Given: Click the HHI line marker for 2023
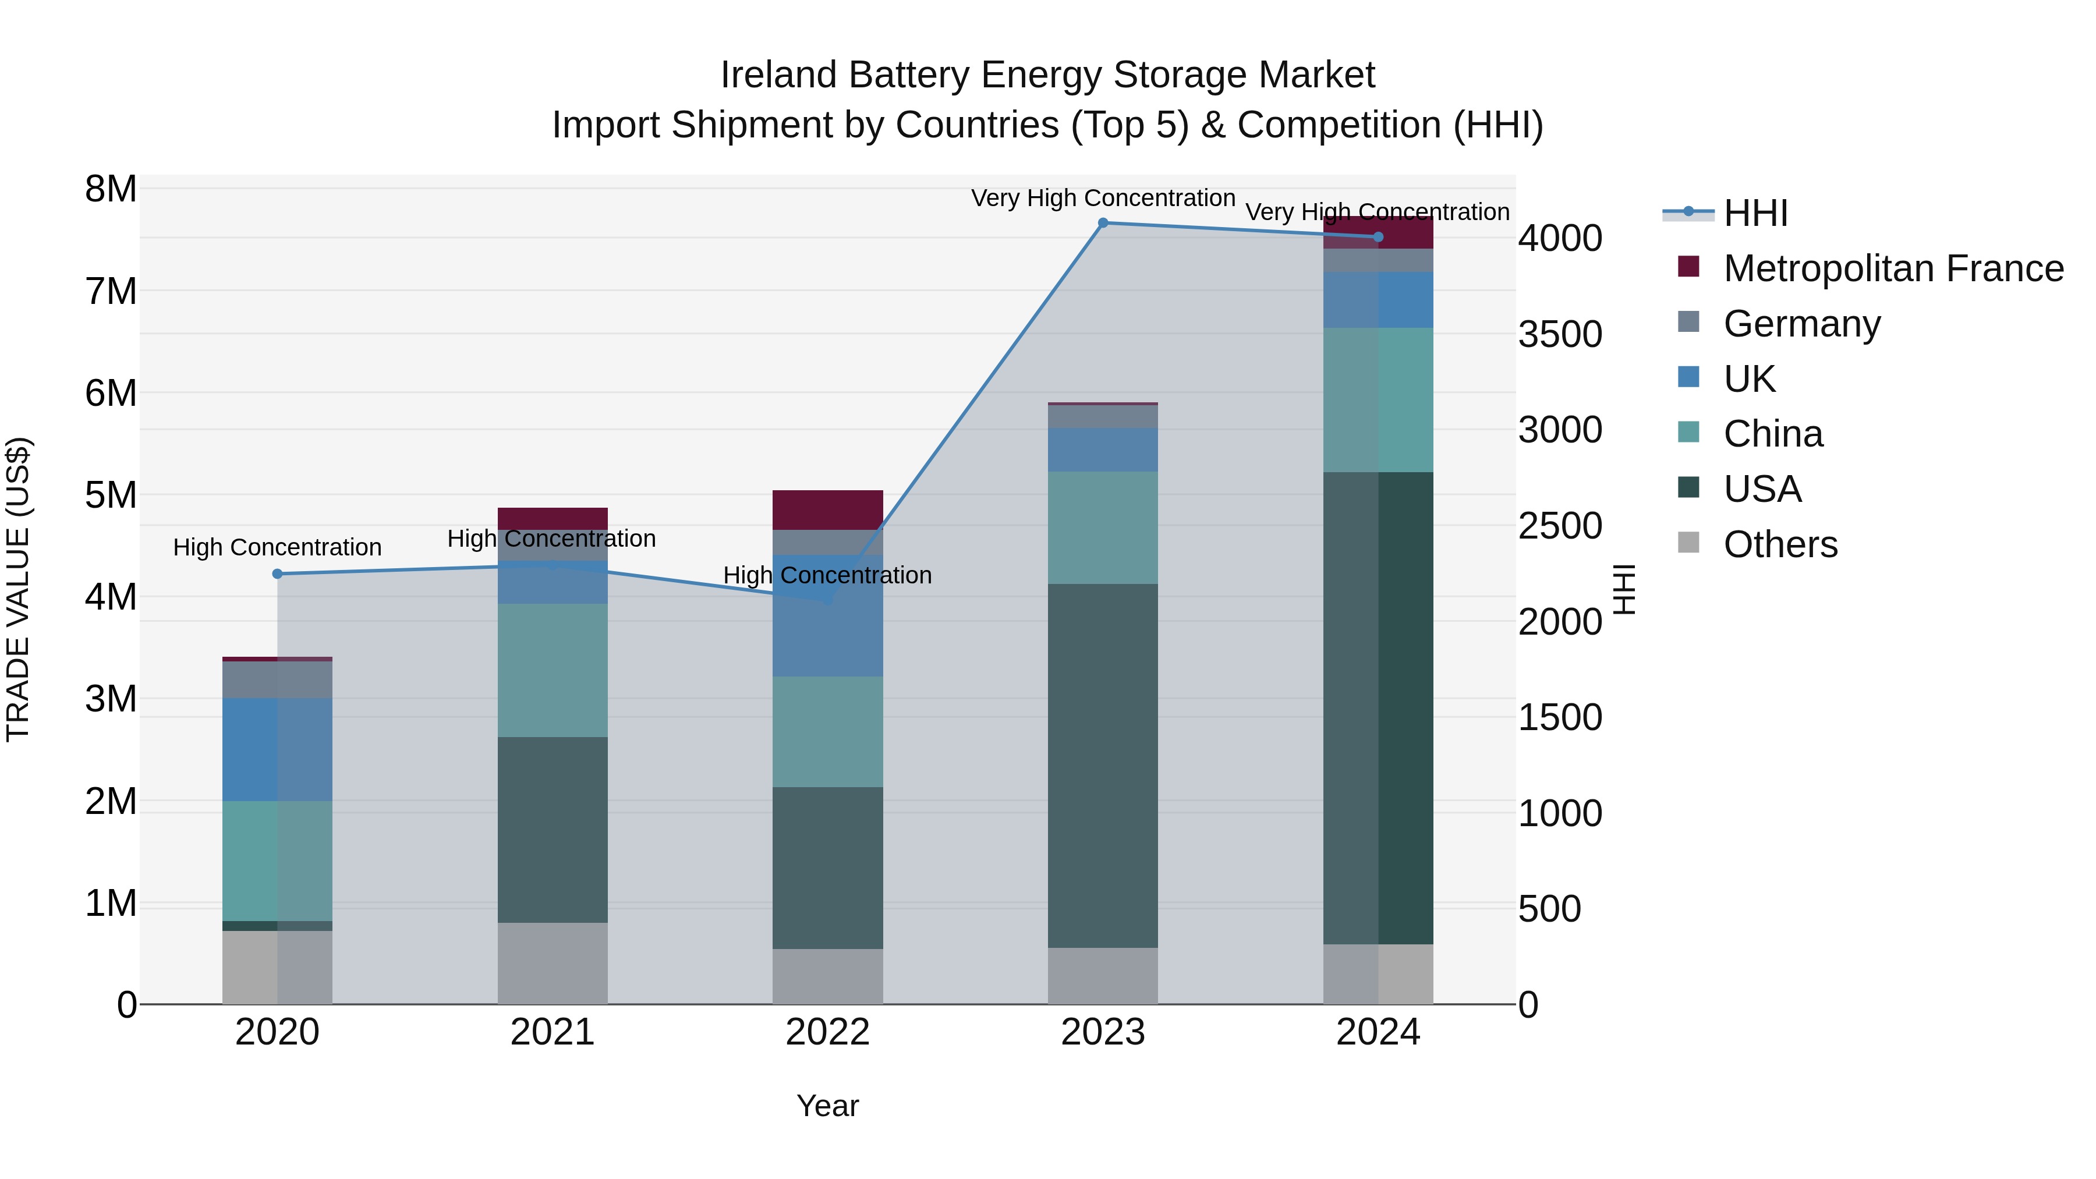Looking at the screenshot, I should [x=1103, y=223].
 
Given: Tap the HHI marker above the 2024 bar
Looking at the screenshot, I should [x=1378, y=237].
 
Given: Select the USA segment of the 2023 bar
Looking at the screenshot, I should [x=1103, y=765].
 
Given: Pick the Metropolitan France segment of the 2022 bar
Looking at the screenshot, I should [x=827, y=510].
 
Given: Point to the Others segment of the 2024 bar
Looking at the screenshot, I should [x=1378, y=974].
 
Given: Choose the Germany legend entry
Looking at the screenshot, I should [x=1801, y=324].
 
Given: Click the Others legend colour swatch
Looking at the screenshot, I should [x=1688, y=543].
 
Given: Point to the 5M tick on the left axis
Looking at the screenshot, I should [x=111, y=495].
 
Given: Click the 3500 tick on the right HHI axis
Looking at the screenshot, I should [x=1560, y=334].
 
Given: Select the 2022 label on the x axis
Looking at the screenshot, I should [x=827, y=1032].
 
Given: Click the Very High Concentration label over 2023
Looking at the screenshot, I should [x=1103, y=198].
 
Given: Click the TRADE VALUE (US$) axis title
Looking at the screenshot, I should [x=18, y=589].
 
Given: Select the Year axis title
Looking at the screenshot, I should [x=827, y=1106].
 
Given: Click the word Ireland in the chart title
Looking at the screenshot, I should [x=778, y=75].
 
